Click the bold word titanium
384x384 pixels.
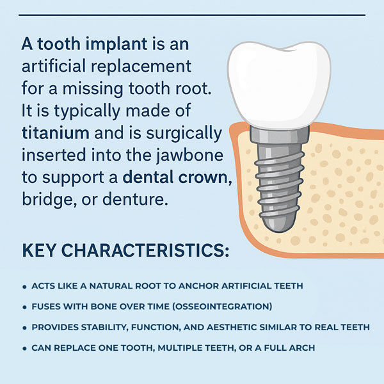pos(56,133)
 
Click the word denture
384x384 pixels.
pos(135,199)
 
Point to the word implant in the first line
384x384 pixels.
pos(116,45)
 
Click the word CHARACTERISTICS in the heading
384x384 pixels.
pos(145,250)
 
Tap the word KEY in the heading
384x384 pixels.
pos(38,250)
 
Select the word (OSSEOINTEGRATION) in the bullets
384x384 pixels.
pos(222,307)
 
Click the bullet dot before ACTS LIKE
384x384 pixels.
pos(24,287)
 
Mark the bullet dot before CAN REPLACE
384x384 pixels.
pos(24,349)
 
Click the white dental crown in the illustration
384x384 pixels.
pos(278,83)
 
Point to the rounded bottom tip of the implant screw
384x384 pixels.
pos(277,230)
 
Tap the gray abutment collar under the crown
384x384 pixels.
pos(279,134)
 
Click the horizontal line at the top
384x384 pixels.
pos(192,15)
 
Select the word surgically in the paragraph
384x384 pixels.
pos(184,134)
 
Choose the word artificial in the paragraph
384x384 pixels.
pos(54,66)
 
